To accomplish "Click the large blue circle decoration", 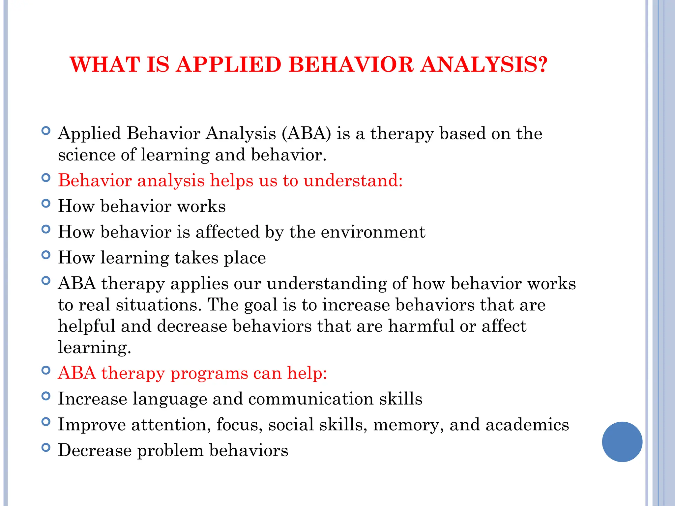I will click(622, 442).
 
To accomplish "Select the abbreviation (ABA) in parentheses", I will click(306, 134).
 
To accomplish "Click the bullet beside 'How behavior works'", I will click(46, 204).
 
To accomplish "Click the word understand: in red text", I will click(353, 181).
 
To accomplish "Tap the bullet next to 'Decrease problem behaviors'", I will click(46, 447).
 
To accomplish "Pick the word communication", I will click(311, 399).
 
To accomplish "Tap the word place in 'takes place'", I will click(245, 258).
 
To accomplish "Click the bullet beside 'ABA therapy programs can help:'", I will click(46, 370).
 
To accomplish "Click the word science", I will click(86, 155).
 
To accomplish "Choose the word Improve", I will click(92, 425).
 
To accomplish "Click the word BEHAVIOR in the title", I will click(351, 65).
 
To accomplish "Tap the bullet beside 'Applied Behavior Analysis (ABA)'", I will click(46, 131).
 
